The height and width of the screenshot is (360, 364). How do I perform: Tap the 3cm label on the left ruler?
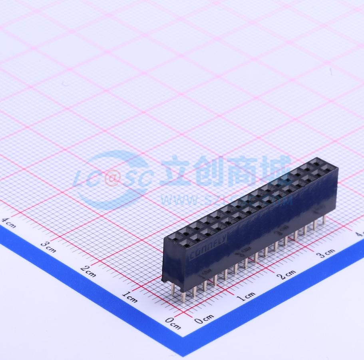point(48,247)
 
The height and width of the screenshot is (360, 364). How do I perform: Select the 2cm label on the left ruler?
point(88,272)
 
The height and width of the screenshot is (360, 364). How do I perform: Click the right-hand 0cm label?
point(204,319)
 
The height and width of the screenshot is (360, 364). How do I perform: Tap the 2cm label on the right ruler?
point(287,274)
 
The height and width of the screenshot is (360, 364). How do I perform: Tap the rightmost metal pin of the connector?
point(324,220)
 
